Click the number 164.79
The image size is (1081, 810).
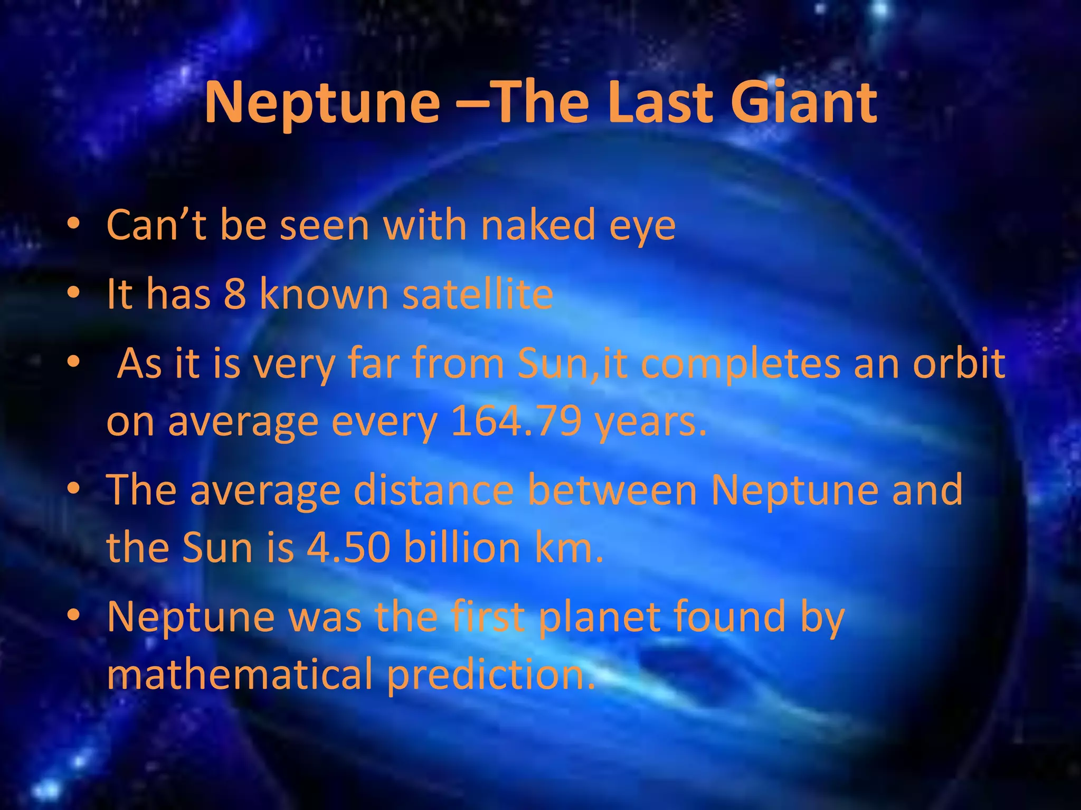click(516, 421)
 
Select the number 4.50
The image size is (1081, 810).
click(348, 547)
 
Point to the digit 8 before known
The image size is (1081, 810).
click(235, 294)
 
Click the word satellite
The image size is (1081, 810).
click(478, 294)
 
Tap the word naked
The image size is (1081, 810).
click(538, 225)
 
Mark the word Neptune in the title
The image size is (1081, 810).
click(322, 104)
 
